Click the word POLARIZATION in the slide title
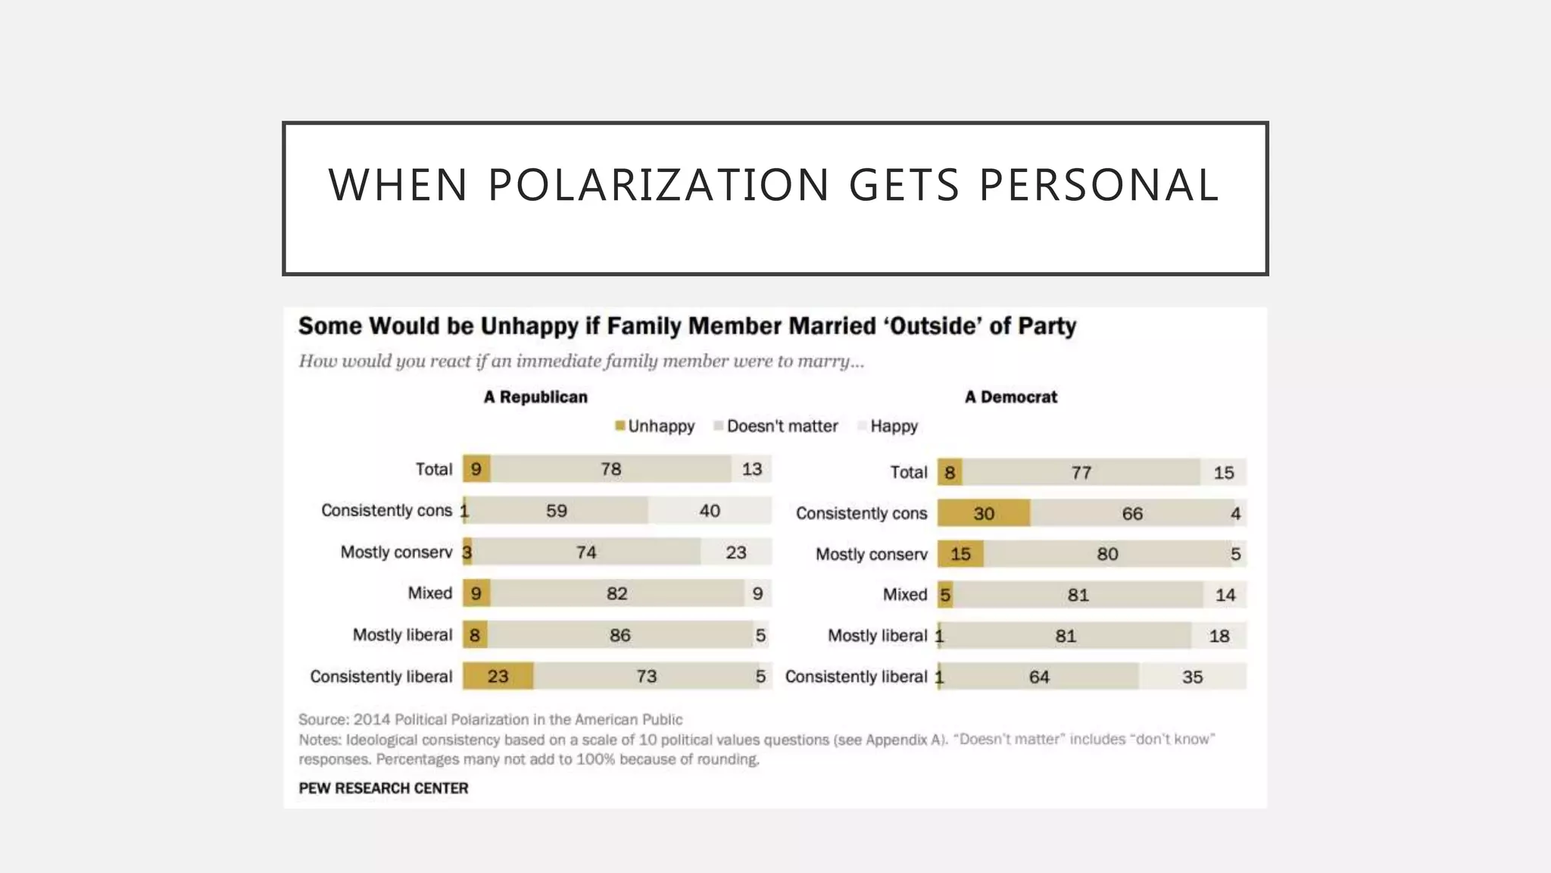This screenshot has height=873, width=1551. coord(658,185)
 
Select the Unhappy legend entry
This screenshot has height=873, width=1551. coord(655,426)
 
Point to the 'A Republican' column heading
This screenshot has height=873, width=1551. coord(535,397)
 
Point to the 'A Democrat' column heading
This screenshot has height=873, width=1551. coord(1010,397)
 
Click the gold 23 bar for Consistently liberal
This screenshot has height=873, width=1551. coord(498,676)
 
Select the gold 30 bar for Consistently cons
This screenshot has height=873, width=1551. coord(983,514)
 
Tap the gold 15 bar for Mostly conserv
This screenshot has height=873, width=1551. coord(960,554)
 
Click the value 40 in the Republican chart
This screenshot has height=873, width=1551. coord(710,511)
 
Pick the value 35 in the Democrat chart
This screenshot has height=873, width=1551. coord(1192,677)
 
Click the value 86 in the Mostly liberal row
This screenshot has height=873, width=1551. coord(619,635)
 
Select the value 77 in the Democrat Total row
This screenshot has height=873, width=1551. coord(1081,473)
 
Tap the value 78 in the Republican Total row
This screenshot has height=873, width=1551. coord(610,469)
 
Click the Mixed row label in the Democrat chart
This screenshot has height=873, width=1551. coord(904,595)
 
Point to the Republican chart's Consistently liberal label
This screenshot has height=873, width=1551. coord(381,677)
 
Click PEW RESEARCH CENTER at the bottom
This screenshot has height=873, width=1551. coord(383,788)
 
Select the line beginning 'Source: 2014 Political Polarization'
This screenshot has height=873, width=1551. coord(490,719)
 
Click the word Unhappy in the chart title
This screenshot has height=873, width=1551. coord(529,326)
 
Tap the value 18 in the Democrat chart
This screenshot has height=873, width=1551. coord(1219,636)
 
